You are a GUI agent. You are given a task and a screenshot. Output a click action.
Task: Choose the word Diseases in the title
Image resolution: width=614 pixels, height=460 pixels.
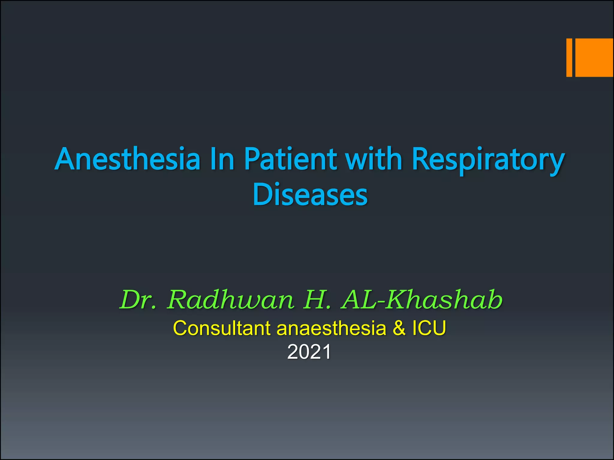[310, 195]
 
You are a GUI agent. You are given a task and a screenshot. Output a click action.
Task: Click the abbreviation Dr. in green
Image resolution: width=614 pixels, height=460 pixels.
[138, 300]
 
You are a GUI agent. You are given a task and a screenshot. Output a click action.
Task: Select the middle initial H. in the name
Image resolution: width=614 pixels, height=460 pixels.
[317, 300]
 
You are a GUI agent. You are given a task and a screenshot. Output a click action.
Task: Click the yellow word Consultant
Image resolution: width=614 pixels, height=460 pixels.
[222, 328]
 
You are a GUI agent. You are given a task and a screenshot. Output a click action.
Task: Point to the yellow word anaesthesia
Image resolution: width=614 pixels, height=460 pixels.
[331, 328]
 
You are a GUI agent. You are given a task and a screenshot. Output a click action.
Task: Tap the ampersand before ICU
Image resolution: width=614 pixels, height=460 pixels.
[399, 328]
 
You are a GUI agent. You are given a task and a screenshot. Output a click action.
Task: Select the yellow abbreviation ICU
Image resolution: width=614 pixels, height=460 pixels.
[429, 328]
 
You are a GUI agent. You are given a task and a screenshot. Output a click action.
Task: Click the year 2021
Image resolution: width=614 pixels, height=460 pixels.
[309, 352]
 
